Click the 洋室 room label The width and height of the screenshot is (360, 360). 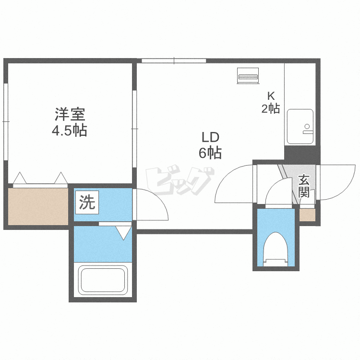click(x=70, y=114)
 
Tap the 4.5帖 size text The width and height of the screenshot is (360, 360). click(x=69, y=131)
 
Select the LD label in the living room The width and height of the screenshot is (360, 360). click(x=210, y=137)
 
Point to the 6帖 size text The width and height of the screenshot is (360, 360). click(x=210, y=153)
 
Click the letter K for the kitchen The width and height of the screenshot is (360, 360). click(x=271, y=96)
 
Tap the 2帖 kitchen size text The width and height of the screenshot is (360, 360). click(x=271, y=108)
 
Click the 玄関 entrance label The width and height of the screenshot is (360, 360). click(x=304, y=186)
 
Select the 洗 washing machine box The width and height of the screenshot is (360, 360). click(x=87, y=202)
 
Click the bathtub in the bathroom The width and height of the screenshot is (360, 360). click(x=103, y=280)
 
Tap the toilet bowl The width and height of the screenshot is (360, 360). click(x=276, y=249)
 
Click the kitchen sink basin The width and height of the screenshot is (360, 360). click(x=300, y=127)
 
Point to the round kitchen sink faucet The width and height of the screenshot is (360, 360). click(x=307, y=126)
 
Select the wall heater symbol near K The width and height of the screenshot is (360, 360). click(x=248, y=75)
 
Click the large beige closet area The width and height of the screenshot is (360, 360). click(x=38, y=206)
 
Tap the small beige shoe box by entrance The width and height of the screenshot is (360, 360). click(x=307, y=215)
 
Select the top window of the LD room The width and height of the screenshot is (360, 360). click(x=174, y=61)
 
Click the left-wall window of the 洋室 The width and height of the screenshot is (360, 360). click(x=6, y=121)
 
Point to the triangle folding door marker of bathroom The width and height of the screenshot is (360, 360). click(x=123, y=233)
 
